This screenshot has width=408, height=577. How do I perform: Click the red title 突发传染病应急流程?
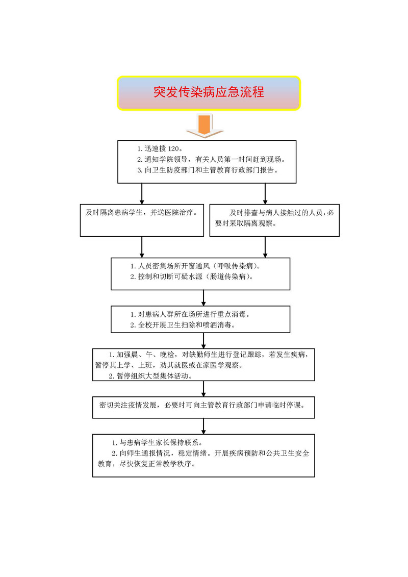209,92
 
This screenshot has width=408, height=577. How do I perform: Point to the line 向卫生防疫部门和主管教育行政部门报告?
208,170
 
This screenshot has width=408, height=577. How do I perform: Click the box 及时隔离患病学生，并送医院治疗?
142,220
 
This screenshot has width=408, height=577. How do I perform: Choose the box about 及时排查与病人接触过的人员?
274,220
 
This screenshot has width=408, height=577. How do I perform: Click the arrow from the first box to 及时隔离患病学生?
142,193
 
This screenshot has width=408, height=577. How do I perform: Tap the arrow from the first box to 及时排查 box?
265,193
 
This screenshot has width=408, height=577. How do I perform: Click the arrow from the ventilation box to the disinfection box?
204,298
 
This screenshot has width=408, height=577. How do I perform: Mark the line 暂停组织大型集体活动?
150,375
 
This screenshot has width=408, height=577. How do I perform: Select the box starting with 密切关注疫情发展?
203,407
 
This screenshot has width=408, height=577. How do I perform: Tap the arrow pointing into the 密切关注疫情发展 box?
204,389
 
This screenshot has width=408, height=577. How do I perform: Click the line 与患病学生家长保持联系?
157,443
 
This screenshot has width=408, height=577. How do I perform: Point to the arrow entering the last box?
204,427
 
